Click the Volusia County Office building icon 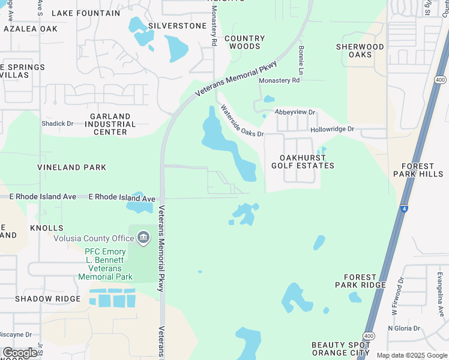143,238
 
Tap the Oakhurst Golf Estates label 303,161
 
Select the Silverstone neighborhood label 177,26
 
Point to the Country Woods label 245,42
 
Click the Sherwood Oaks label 360,51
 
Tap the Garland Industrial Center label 110,124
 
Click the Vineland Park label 71,167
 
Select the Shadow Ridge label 47,299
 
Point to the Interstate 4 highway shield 406,209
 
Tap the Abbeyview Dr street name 295,112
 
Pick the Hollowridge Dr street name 332,129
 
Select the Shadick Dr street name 57,124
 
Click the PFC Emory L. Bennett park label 105,264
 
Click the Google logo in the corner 20,353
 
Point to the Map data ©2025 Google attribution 412,355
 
